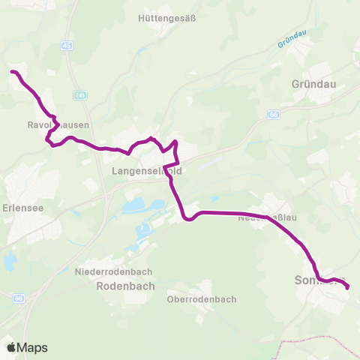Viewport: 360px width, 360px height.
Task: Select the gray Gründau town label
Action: tap(311, 85)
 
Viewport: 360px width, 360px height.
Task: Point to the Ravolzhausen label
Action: tap(52, 125)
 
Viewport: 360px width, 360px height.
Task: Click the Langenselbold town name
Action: tap(147, 171)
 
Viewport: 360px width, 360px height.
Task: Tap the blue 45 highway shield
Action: tap(68, 46)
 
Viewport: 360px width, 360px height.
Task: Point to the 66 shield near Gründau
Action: tap(274, 115)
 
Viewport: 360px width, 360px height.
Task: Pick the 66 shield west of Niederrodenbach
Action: tap(19, 298)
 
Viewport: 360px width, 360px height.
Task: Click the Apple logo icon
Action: tap(11, 347)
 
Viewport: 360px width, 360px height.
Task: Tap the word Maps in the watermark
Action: tap(34, 348)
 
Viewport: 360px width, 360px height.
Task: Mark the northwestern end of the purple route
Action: tap(12, 72)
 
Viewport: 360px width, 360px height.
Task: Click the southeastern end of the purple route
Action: tap(347, 285)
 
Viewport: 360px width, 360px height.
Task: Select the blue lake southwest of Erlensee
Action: tap(10, 262)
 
